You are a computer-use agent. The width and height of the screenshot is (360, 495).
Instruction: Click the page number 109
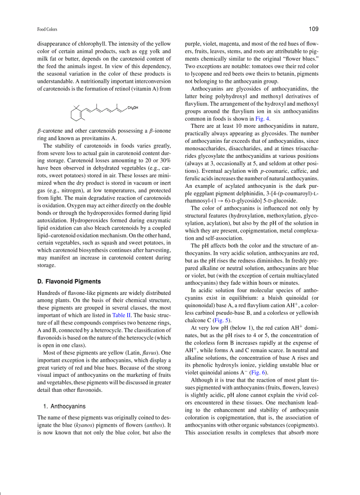[x=313, y=29]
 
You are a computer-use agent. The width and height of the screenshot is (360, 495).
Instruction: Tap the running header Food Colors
[x=47, y=30]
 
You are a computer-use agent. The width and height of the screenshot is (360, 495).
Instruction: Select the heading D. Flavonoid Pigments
[x=69, y=281]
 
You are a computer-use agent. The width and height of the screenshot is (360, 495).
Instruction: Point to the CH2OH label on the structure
[x=132, y=108]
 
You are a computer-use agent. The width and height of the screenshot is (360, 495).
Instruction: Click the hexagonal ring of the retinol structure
[x=77, y=115]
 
